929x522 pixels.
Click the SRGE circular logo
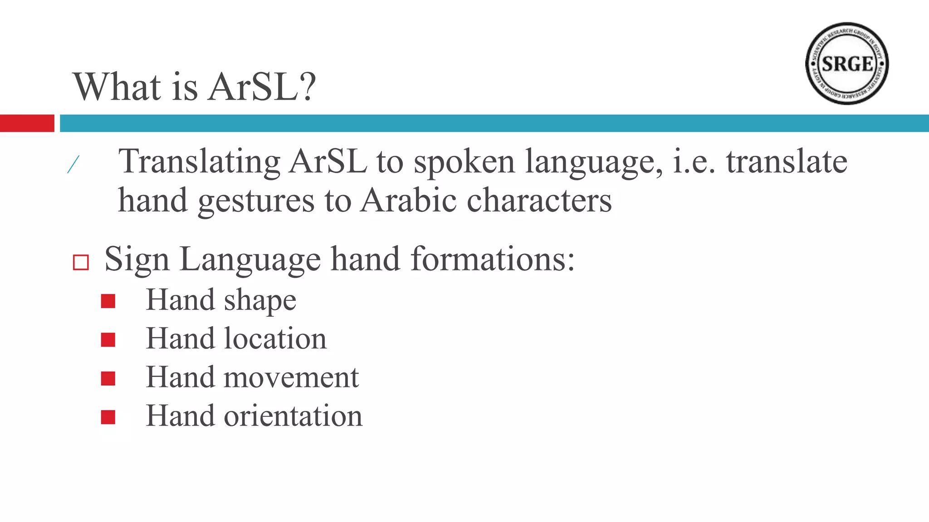pos(847,63)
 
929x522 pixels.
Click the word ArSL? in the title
pos(262,87)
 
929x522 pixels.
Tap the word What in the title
pos(117,87)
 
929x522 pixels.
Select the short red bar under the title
pos(27,123)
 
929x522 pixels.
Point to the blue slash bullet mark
pos(73,164)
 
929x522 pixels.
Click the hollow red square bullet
pos(81,262)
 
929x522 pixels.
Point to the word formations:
pos(493,259)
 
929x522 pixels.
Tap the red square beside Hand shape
pos(108,301)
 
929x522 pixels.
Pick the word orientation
pos(293,416)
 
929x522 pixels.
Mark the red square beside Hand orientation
pos(108,417)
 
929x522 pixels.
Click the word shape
pos(260,301)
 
